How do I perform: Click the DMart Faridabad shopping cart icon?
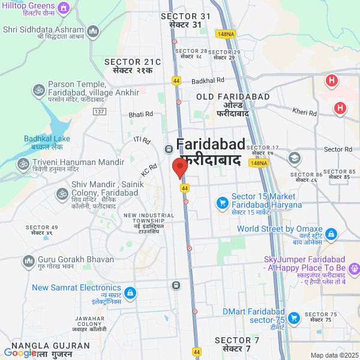click(293, 317)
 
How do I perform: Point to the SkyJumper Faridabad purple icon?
click(354, 268)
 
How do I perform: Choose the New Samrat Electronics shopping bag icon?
click(130, 293)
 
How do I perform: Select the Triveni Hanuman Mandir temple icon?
click(23, 163)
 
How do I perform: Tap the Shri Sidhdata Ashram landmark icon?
click(92, 30)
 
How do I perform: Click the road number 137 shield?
click(100, 112)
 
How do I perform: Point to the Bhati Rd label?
click(141, 113)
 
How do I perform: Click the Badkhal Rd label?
click(208, 79)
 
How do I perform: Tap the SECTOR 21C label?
click(133, 62)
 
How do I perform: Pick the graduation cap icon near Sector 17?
click(294, 158)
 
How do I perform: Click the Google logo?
click(20, 353)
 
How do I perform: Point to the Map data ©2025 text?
click(334, 355)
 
